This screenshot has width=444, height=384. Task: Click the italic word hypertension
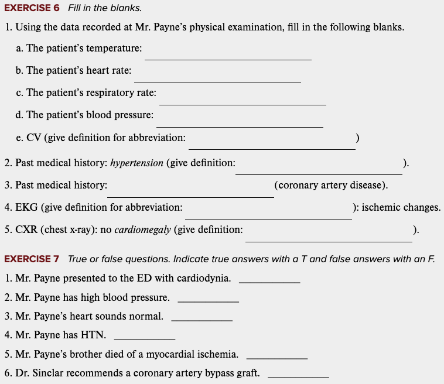tap(137, 163)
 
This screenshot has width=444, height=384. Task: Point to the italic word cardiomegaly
tap(143, 229)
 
